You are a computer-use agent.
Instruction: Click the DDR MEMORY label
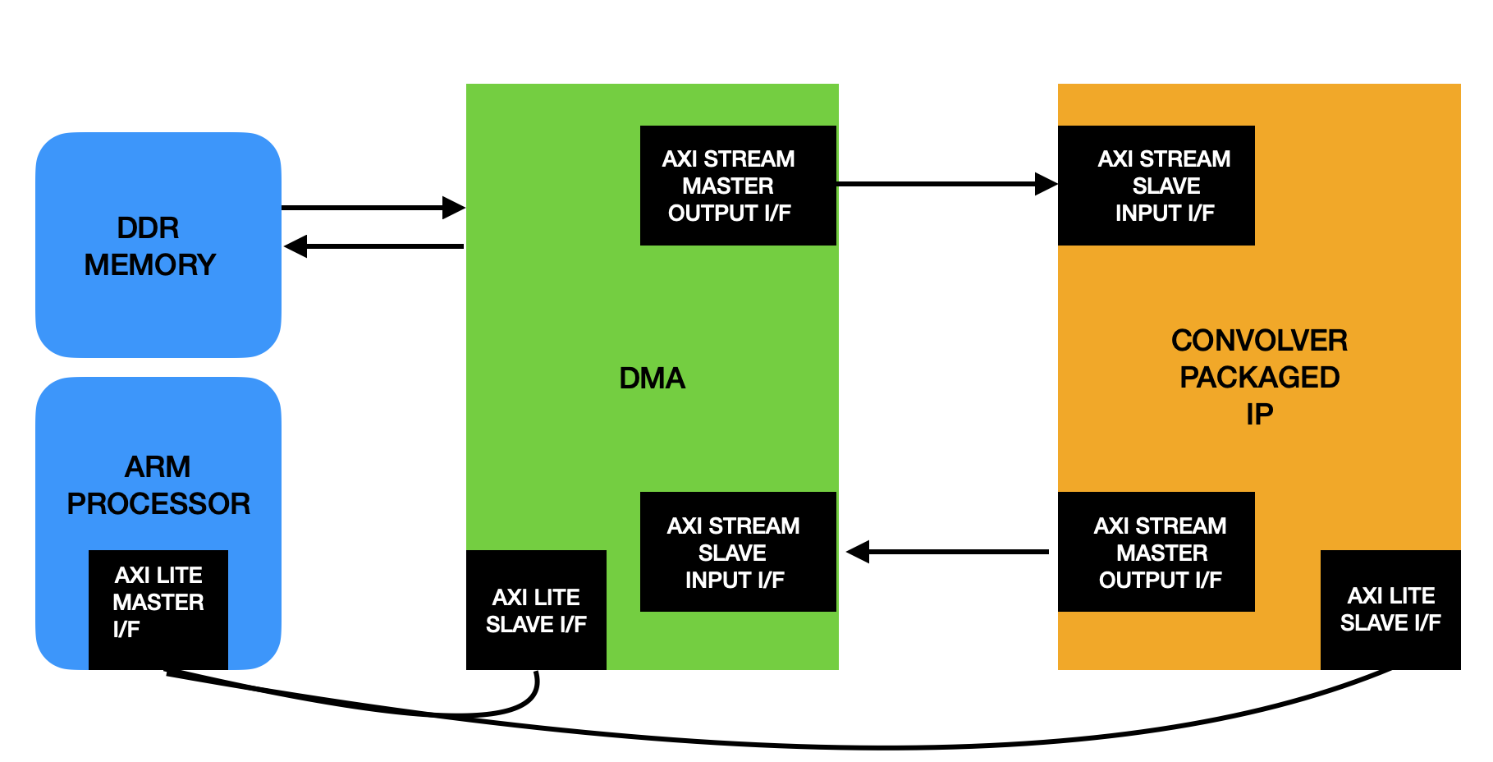[x=149, y=246]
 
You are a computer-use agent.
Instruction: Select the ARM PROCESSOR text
[x=158, y=484]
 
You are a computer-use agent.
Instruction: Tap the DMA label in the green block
[x=652, y=379]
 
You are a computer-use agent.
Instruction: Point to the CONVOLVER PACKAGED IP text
[x=1259, y=377]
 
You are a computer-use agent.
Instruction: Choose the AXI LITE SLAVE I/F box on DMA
[x=536, y=610]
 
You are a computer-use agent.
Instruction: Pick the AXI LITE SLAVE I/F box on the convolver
[x=1390, y=609]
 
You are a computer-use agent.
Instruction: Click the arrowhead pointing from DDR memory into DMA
[x=454, y=208]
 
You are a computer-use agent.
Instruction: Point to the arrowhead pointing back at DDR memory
[x=295, y=246]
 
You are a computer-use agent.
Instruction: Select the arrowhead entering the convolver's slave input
[x=1046, y=184]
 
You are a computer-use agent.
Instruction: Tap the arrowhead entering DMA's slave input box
[x=858, y=552]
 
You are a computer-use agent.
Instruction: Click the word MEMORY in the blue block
[x=150, y=264]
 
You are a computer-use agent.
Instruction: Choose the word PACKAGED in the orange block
[x=1259, y=377]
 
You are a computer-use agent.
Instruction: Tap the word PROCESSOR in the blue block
[x=158, y=503]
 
